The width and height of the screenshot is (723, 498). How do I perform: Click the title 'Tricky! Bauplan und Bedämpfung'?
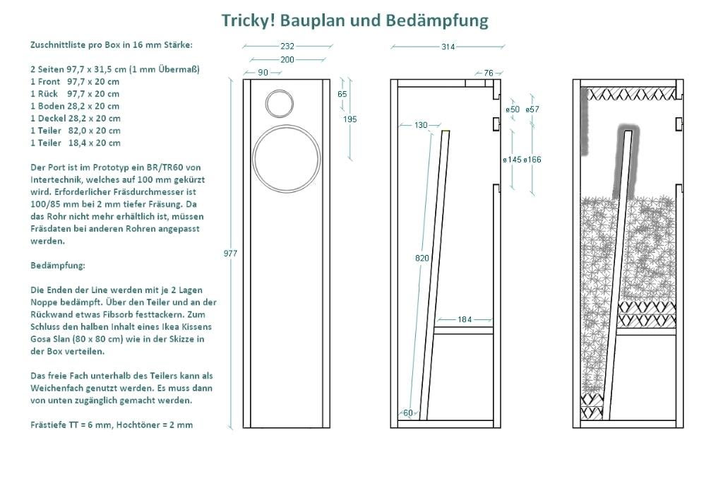(x=354, y=20)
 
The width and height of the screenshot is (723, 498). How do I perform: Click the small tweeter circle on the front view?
(x=280, y=103)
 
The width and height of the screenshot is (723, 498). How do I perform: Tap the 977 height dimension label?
(x=230, y=253)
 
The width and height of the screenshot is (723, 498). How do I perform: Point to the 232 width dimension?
(x=287, y=46)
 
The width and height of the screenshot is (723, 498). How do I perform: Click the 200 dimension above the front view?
(x=287, y=59)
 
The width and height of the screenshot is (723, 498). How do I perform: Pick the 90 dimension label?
(x=263, y=73)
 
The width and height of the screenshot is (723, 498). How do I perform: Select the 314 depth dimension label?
(x=448, y=47)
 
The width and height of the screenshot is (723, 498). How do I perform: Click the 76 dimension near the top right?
(x=489, y=73)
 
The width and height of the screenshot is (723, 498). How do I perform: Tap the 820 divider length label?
(x=422, y=259)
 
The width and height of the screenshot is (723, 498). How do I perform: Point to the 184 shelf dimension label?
(x=464, y=320)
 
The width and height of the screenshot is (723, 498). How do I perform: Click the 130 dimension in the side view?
(x=421, y=125)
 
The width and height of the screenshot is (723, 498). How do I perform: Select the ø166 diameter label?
(x=533, y=160)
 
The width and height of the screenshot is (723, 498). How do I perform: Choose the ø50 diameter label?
(x=513, y=109)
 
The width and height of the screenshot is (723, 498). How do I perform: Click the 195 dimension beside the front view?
(x=349, y=119)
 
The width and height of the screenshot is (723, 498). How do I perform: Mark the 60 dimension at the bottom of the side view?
(x=407, y=413)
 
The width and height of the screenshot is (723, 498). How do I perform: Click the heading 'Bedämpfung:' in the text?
(x=57, y=266)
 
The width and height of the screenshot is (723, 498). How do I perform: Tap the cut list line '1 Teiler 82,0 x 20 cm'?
(x=75, y=130)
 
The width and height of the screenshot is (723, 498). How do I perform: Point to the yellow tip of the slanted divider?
(x=446, y=131)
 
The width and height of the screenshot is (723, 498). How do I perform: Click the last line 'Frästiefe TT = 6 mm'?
(x=111, y=425)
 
